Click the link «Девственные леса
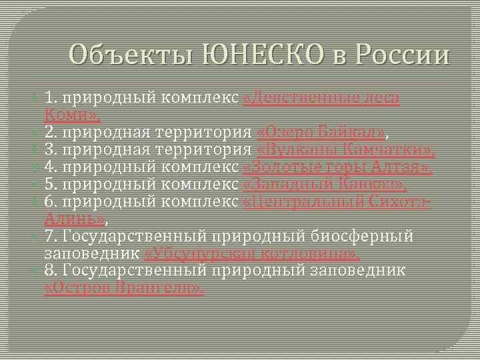[322, 98]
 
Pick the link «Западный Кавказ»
[326, 184]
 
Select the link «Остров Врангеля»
[125, 288]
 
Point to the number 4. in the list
[51, 167]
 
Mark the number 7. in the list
[51, 236]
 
